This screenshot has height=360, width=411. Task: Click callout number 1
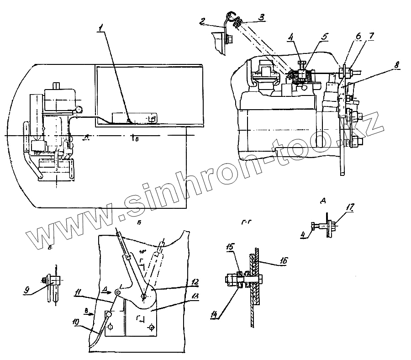click(x=100, y=28)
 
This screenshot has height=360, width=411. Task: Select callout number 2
click(x=202, y=21)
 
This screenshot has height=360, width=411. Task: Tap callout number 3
click(x=261, y=17)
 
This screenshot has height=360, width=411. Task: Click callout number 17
click(x=349, y=207)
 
